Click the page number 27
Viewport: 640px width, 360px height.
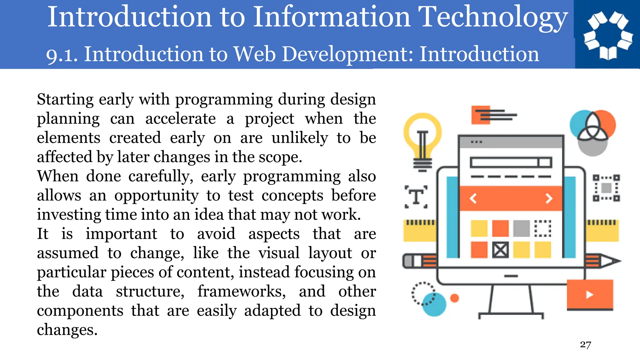(x=585, y=344)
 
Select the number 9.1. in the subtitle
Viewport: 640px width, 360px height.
(x=62, y=55)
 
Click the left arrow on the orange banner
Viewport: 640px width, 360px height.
(x=473, y=198)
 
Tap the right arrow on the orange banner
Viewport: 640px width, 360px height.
(x=549, y=198)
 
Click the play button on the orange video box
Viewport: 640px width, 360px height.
(x=589, y=295)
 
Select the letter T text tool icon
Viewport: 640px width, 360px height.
(x=416, y=197)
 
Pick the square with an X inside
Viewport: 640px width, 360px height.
(x=500, y=250)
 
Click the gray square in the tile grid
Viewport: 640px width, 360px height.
(x=521, y=228)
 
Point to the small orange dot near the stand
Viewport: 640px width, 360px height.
(x=455, y=298)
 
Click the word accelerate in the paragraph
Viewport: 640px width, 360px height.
(x=180, y=119)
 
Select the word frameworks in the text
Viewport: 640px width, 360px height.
(x=241, y=292)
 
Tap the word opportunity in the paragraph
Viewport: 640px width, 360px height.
(x=156, y=196)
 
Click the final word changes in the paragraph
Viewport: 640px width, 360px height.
(x=67, y=330)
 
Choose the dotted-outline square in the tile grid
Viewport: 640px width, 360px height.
(x=542, y=228)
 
